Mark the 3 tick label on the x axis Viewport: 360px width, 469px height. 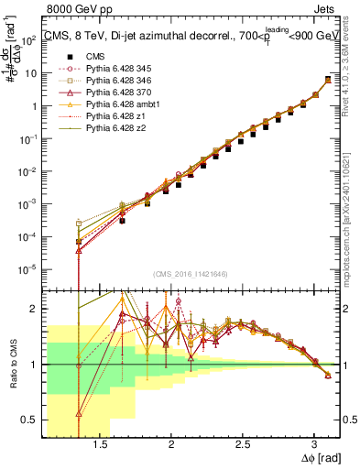click(314, 444)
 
